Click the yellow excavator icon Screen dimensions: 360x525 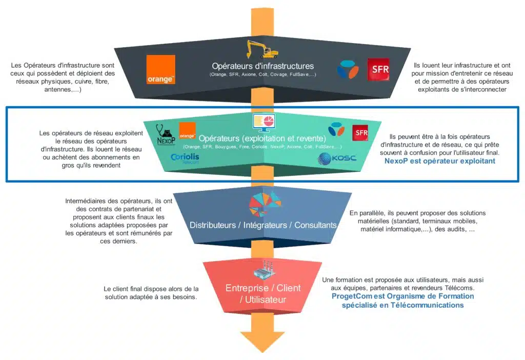262,49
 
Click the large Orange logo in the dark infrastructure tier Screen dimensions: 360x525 160,69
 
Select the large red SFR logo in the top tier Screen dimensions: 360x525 378,70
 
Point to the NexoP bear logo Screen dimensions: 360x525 166,135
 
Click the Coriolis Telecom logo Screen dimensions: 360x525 185,158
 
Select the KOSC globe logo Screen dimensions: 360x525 337,157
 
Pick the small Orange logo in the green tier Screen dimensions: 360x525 187,130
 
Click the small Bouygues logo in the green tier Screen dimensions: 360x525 336,129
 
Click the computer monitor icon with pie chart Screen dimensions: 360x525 263,123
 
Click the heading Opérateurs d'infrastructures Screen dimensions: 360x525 262,66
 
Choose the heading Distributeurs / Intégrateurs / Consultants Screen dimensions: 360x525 262,225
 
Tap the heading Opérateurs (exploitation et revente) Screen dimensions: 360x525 262,138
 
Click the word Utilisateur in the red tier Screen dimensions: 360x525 262,299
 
